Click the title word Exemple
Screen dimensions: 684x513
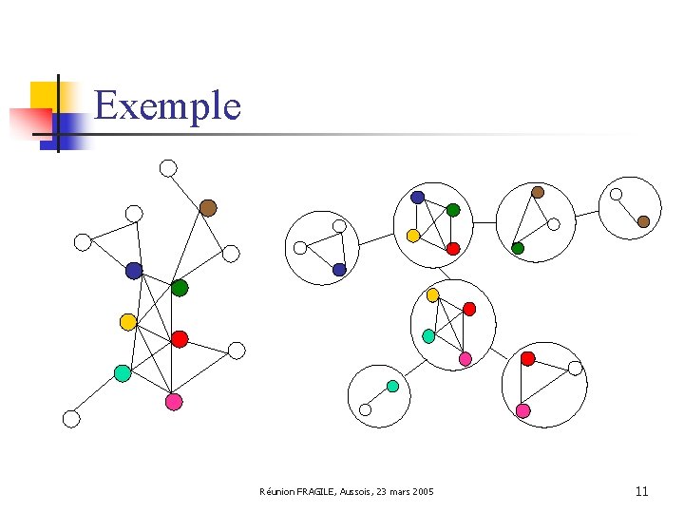pos(167,105)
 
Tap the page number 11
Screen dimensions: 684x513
pos(641,491)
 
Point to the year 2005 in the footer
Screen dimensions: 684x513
pos(421,492)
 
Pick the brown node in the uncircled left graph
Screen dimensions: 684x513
pos(208,208)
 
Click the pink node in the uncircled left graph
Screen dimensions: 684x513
pos(174,402)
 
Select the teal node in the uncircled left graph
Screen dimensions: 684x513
pos(123,373)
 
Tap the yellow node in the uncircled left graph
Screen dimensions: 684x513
pos(128,322)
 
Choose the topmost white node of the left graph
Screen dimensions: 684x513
pos(168,168)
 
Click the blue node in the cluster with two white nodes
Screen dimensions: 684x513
pos(339,270)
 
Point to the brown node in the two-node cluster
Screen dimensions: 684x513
pos(643,221)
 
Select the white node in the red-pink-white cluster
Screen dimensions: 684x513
pos(575,368)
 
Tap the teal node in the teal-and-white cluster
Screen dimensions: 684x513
pos(392,386)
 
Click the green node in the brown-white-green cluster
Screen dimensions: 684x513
pos(518,248)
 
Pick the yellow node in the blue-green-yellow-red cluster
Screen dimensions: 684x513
pos(413,235)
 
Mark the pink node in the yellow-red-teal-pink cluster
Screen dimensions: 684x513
pos(465,358)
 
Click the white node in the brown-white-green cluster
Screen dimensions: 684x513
pos(554,225)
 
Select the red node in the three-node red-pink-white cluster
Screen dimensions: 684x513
pos(528,358)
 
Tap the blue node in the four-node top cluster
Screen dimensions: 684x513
pos(418,198)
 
